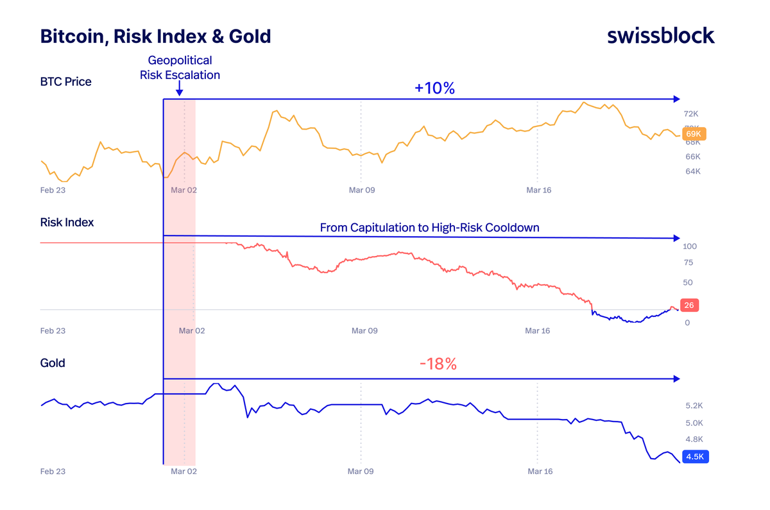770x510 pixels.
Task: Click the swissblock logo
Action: (x=660, y=36)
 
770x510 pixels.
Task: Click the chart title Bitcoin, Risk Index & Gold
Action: (x=155, y=36)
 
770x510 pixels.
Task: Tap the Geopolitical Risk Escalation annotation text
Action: (x=180, y=68)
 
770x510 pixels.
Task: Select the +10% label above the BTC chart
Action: (x=434, y=89)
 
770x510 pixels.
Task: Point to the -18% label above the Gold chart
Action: (x=438, y=364)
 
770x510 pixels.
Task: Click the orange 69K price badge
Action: (x=693, y=134)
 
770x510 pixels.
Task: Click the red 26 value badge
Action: (x=689, y=305)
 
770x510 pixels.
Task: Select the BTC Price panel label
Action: (x=65, y=81)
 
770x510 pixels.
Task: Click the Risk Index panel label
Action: (x=67, y=222)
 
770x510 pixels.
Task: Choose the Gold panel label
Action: (x=53, y=363)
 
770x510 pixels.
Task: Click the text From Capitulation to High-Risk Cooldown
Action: (x=429, y=228)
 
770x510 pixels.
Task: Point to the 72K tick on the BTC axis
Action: (x=692, y=114)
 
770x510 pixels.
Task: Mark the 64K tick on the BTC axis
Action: (x=692, y=171)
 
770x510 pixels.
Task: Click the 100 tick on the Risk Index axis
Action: (x=690, y=246)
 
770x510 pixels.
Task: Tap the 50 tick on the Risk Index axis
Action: (x=688, y=282)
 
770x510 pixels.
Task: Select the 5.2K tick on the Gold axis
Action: (x=694, y=406)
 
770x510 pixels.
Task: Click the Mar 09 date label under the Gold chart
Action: (x=361, y=472)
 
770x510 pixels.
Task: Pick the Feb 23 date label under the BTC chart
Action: (x=53, y=190)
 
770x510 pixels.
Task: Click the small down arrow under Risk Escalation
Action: (x=179, y=91)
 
